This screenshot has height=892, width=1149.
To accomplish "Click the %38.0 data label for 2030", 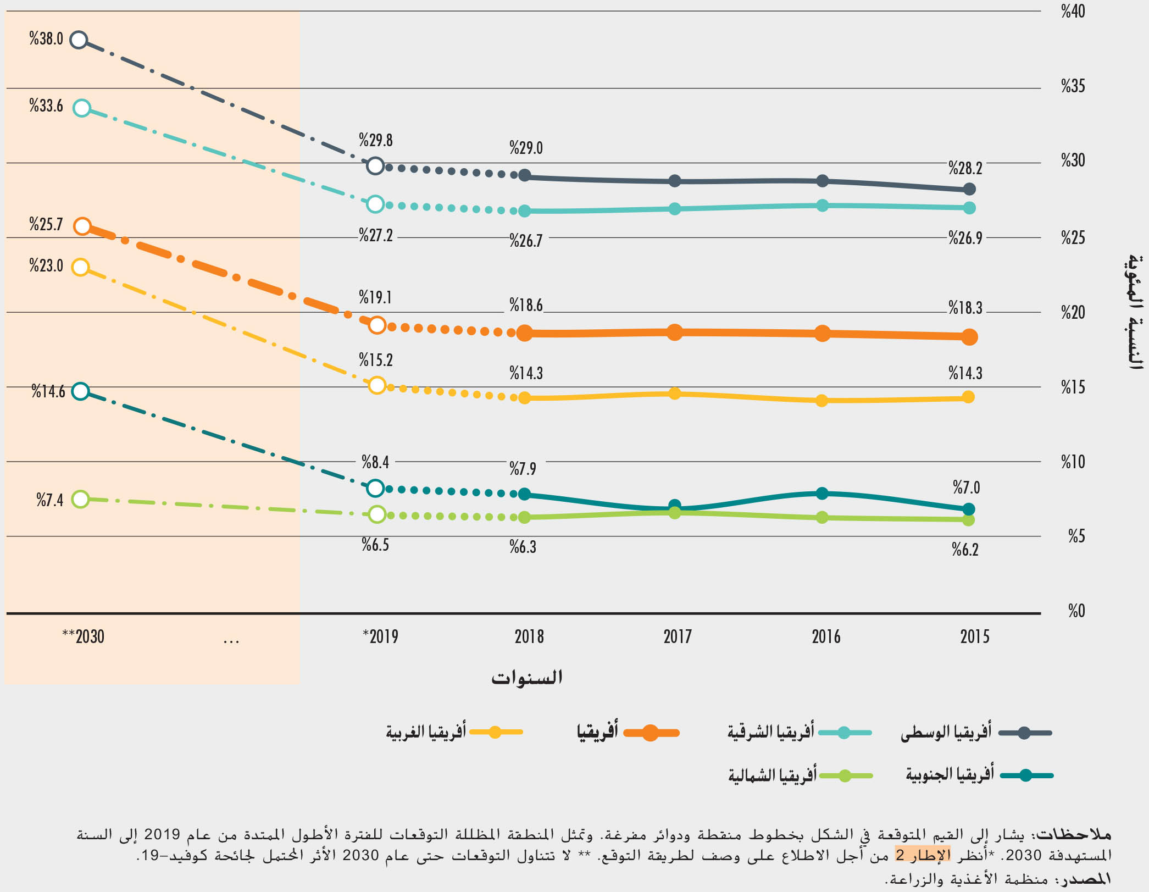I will coord(46,39).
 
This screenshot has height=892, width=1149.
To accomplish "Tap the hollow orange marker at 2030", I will coord(82,226).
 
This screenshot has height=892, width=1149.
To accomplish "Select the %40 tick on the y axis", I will coord(1073,12).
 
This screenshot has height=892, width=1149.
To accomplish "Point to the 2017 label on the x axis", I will coord(677,636).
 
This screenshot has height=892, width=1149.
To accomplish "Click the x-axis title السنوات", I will coord(526,678).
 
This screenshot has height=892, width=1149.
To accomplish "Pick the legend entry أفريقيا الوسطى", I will coord(975,733).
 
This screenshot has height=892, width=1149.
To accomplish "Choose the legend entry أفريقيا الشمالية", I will coord(800,775).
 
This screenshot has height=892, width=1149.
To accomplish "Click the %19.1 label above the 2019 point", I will coord(375,297).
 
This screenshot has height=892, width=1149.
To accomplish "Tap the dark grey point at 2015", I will coord(969,189).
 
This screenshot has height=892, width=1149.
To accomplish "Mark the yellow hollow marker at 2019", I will coord(377,385).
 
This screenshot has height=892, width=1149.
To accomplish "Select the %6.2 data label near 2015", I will coord(965,550).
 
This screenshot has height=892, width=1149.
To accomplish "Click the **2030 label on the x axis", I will coord(83,636).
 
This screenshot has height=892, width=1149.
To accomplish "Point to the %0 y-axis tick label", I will coord(1076,611).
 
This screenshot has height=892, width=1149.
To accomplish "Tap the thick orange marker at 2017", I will coord(675,332).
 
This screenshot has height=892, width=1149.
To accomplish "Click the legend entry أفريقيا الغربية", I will coord(454,732).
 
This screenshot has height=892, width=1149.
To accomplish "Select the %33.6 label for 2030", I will coord(46,106).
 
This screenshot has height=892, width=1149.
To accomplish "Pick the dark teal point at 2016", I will coord(822,494).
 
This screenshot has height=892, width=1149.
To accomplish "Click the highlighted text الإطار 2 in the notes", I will coord(923,855).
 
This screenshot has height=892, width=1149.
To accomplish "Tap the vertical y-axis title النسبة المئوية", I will coord(1135,312).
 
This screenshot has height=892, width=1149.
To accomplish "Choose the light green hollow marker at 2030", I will coord(81,499).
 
